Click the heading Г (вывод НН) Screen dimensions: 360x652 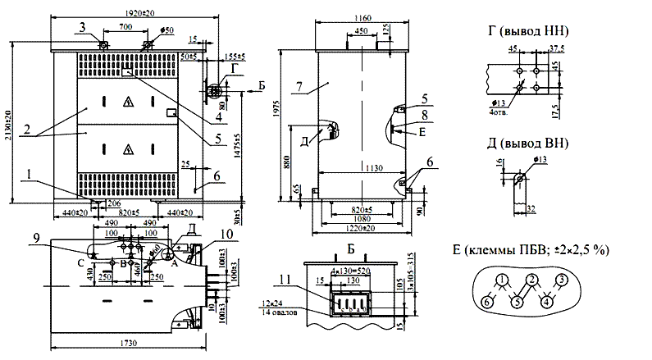528,31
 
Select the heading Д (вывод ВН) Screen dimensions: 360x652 528,145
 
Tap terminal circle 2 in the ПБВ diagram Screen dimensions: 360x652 532,280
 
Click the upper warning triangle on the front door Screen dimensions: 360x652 127,102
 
